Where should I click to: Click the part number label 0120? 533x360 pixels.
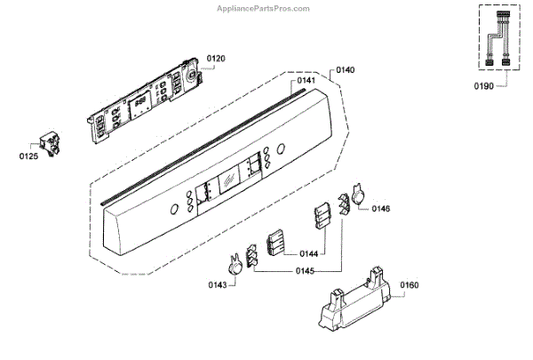click(x=216, y=59)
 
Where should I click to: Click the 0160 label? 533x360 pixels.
click(x=409, y=285)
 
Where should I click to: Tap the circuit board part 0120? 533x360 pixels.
click(x=147, y=102)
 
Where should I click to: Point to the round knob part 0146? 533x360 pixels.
click(x=361, y=197)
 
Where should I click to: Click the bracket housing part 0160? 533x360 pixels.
click(x=352, y=298)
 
